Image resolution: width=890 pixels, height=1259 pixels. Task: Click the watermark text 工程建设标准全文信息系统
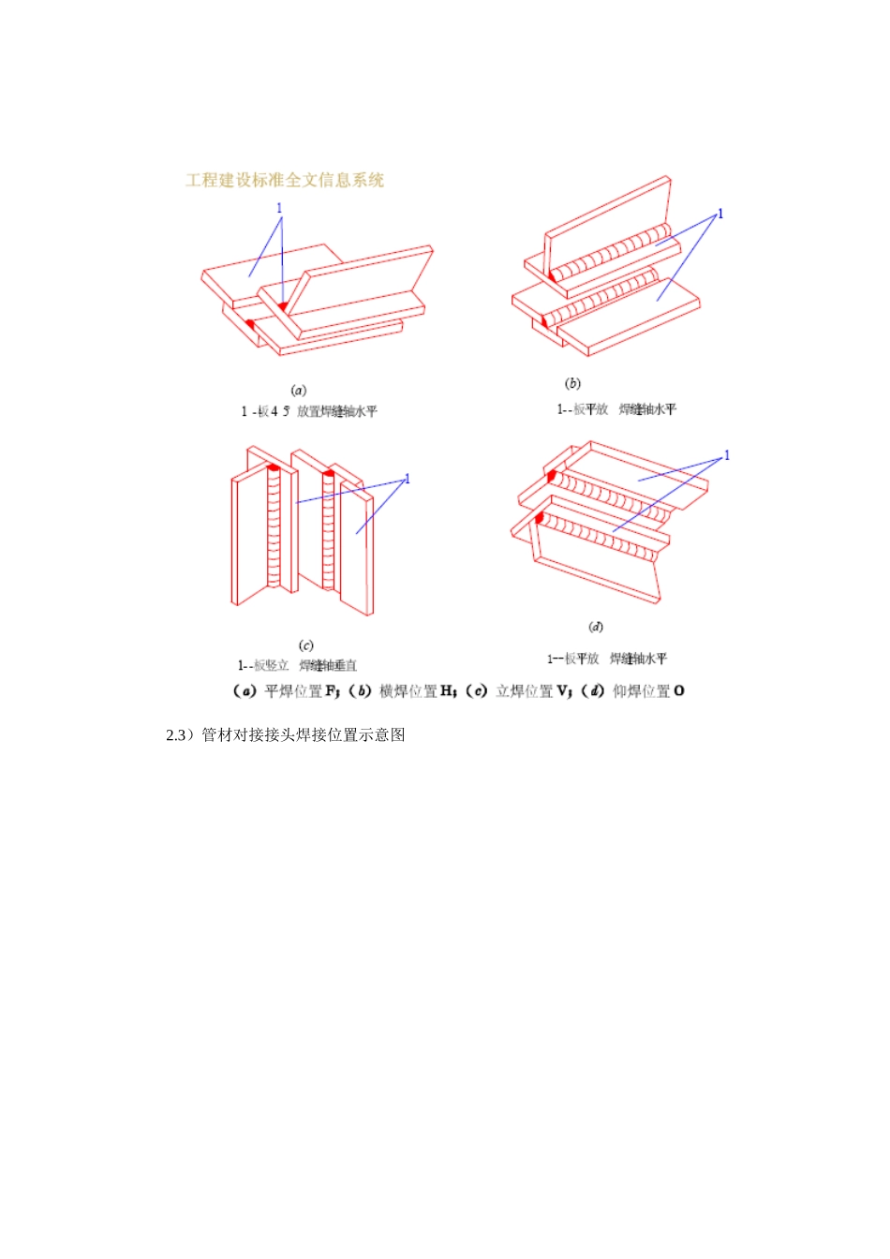[x=285, y=181]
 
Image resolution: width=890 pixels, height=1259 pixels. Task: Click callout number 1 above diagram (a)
[x=279, y=209]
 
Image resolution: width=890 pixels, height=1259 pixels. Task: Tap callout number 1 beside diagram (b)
[x=720, y=214]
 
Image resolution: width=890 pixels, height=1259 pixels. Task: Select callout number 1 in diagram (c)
[x=408, y=479]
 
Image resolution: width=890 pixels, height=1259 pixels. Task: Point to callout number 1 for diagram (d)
[x=727, y=455]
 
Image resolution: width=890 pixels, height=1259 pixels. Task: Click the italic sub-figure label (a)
[x=299, y=390]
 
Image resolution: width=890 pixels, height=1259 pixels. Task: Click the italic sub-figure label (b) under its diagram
[x=572, y=383]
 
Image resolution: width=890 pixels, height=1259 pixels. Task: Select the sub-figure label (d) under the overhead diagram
[x=596, y=627]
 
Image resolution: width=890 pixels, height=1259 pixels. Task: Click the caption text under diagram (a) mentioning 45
[x=309, y=411]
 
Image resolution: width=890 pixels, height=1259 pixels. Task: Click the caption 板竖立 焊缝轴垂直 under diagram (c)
[x=297, y=666]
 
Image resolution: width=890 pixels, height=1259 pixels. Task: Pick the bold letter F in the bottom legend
[x=331, y=691]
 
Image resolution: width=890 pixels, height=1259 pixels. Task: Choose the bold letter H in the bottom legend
[x=447, y=691]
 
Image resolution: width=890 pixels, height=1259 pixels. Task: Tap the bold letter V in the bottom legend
[x=562, y=691]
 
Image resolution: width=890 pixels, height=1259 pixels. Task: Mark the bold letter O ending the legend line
[x=679, y=691]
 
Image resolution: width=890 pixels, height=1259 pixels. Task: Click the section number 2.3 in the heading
[x=177, y=735]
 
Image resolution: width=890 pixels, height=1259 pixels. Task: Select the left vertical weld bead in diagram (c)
[x=274, y=529]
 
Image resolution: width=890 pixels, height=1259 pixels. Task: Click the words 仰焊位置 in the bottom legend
[x=641, y=691]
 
